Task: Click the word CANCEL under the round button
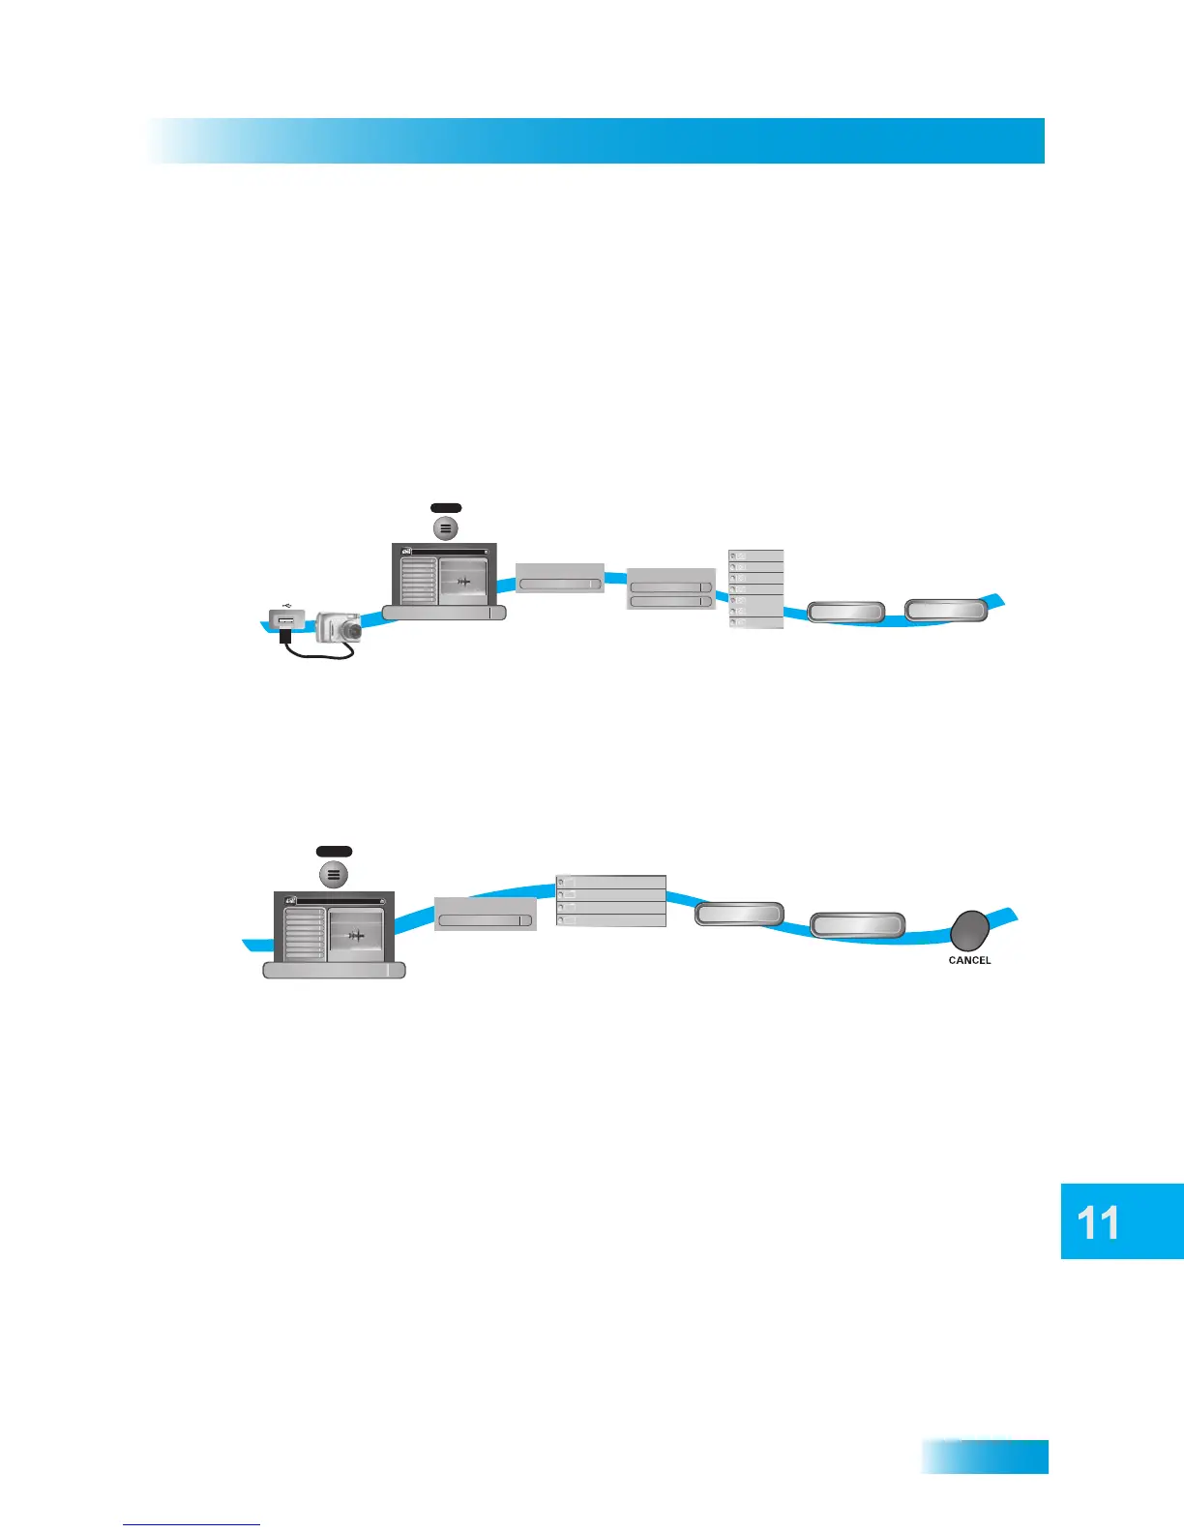tap(969, 960)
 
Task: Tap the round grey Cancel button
tap(969, 931)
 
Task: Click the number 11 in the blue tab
tap(1098, 1223)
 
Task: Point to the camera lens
tap(354, 631)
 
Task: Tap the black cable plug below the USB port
tap(285, 636)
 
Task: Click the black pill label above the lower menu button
tap(334, 852)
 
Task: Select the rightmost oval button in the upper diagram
tap(946, 611)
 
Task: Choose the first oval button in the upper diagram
tap(845, 612)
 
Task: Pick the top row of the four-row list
tap(611, 882)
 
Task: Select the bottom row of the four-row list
tap(611, 920)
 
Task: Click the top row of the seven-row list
tap(755, 556)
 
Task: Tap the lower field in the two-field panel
tap(670, 602)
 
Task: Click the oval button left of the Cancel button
tap(857, 925)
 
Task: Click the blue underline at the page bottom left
tap(192, 1524)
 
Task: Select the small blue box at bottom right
tap(984, 1456)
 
